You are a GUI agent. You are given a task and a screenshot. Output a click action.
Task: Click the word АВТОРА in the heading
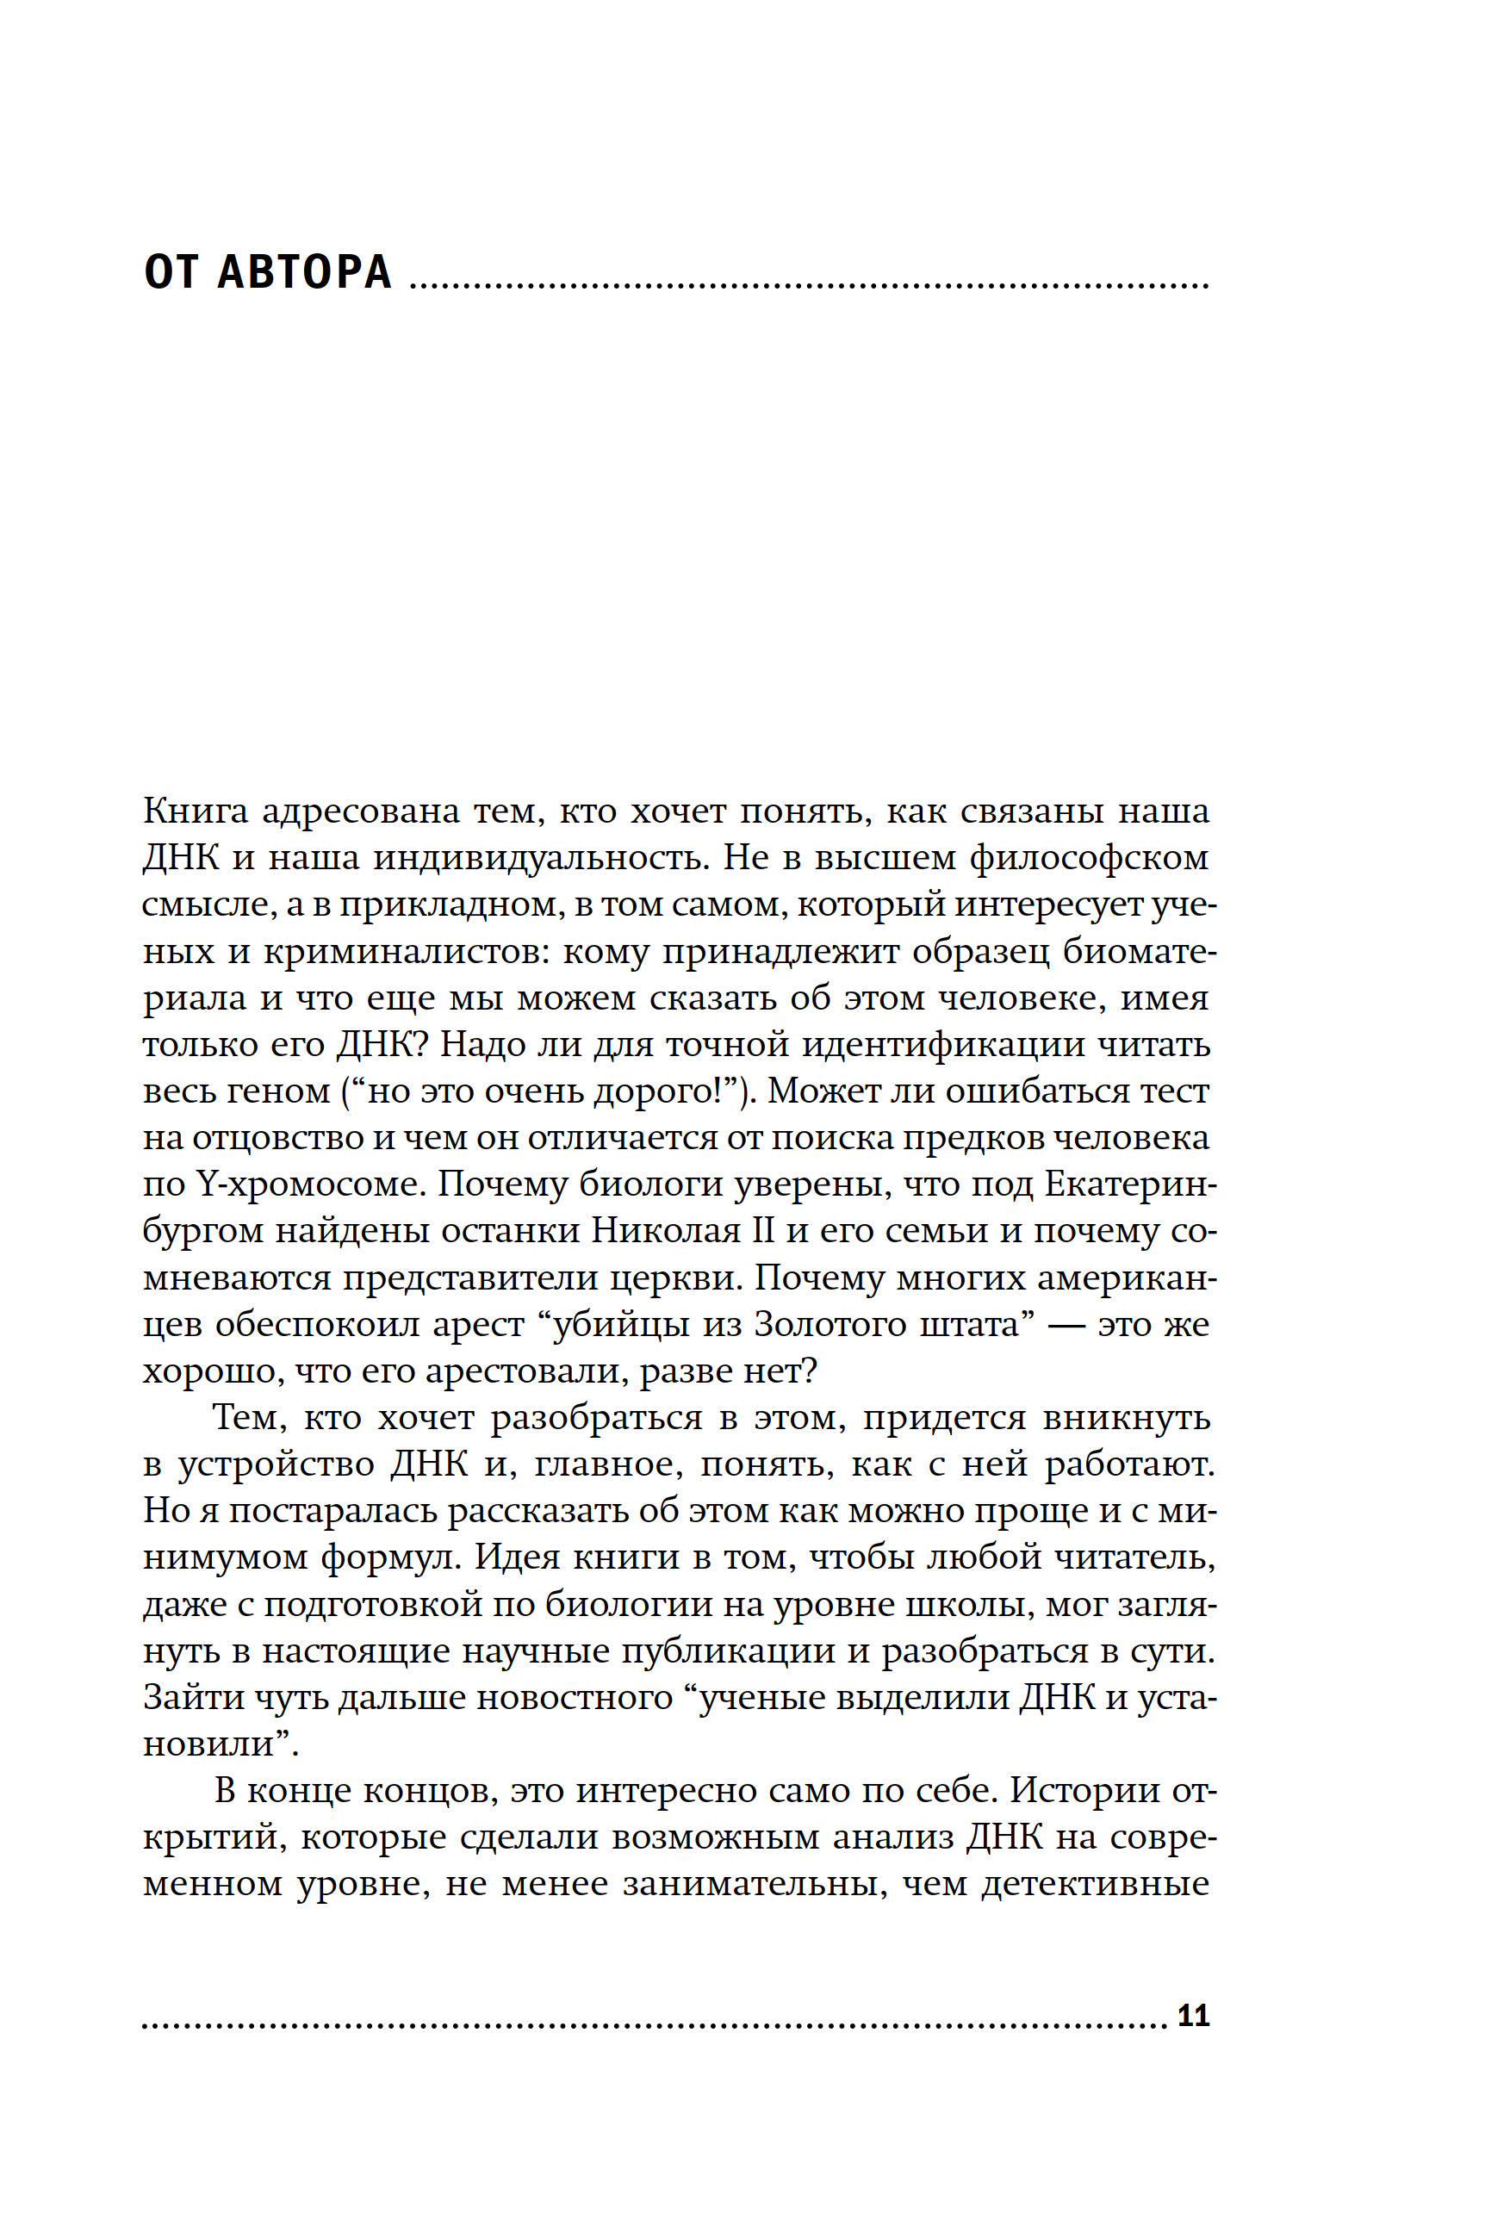304,272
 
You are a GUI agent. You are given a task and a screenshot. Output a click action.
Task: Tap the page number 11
1193,2016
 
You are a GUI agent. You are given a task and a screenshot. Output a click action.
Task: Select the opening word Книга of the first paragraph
195,811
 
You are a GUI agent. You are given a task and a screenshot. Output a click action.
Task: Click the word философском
1089,858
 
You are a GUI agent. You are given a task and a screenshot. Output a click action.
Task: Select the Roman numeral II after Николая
762,1231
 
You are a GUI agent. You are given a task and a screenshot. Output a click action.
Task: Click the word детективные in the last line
1095,1883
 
